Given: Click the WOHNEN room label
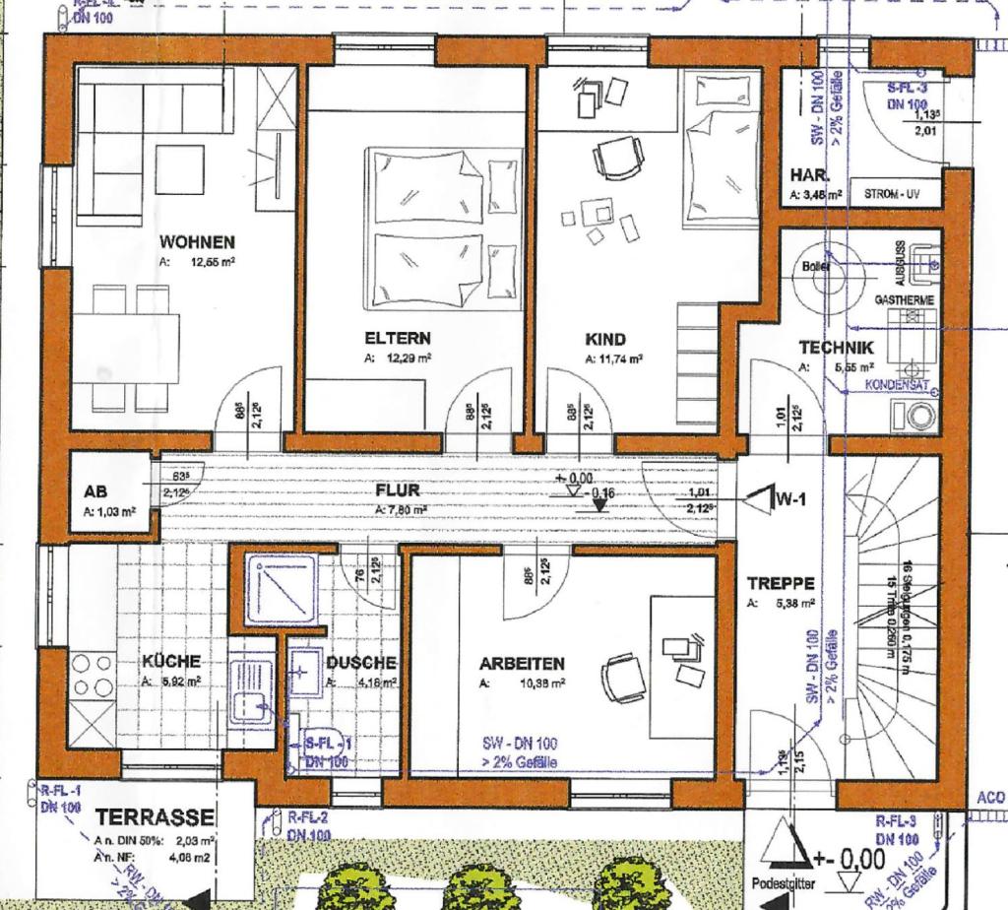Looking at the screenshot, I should pyautogui.click(x=197, y=242).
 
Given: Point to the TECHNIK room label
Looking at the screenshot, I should pyautogui.click(x=836, y=347).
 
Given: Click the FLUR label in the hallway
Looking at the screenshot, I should pyautogui.click(x=397, y=489).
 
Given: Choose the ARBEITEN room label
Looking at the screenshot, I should pyautogui.click(x=522, y=663).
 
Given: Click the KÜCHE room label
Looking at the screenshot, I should pyautogui.click(x=171, y=661).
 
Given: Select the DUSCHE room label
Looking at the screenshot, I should pyautogui.click(x=361, y=663).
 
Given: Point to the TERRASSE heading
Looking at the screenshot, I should pyautogui.click(x=155, y=817).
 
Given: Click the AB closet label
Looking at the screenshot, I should pyautogui.click(x=95, y=491).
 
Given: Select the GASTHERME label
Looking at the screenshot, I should pyautogui.click(x=904, y=298).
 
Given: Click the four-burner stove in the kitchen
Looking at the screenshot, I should pyautogui.click(x=91, y=676).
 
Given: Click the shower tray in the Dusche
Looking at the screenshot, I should pyautogui.click(x=282, y=588).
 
